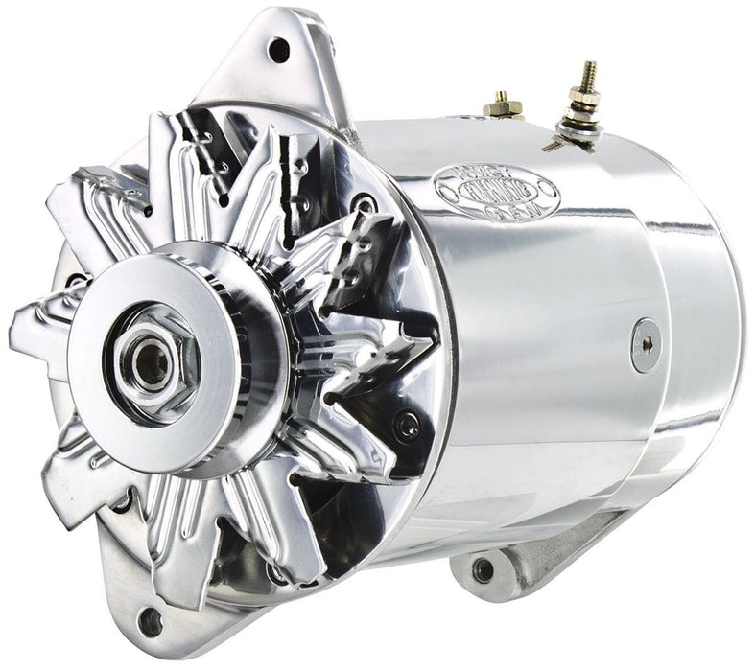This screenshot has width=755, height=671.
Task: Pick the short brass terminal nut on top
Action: tap(500, 104)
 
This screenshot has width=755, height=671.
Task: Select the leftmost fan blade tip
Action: tap(24, 331)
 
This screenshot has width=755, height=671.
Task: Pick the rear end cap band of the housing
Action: tap(700, 316)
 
